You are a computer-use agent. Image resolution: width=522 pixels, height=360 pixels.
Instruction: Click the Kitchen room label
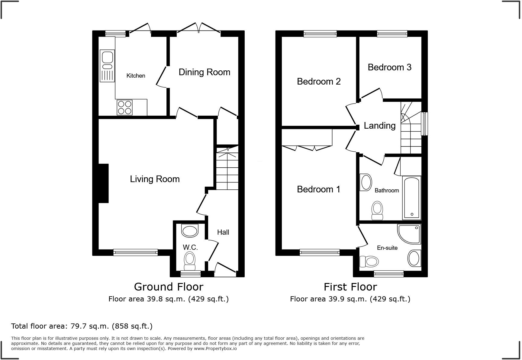coord(136,76)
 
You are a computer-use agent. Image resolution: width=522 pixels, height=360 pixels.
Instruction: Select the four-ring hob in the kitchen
coord(125,108)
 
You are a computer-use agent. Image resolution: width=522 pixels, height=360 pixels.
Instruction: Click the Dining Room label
coord(204,72)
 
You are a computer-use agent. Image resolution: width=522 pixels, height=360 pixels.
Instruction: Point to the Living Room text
coord(155,179)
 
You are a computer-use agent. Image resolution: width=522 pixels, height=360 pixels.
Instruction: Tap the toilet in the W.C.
coord(190,261)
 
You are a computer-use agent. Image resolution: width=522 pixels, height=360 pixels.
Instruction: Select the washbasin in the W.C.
coord(190,231)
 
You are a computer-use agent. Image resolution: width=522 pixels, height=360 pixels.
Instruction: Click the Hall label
coord(223,232)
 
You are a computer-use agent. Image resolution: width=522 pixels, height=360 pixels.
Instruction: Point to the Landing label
coord(379,126)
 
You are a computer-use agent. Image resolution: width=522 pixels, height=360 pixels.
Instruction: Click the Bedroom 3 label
coord(389,67)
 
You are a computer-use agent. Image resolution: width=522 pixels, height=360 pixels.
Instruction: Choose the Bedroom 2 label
coord(319,82)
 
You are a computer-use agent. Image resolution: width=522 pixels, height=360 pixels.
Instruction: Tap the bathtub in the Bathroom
coord(411,198)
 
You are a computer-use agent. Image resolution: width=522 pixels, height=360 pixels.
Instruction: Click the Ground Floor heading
coord(169,287)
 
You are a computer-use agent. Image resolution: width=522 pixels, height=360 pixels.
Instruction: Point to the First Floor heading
coord(350,287)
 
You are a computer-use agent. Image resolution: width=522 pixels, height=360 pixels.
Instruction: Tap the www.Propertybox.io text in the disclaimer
coord(215,349)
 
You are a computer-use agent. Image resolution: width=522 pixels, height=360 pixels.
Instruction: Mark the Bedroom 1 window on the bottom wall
coord(320,252)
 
